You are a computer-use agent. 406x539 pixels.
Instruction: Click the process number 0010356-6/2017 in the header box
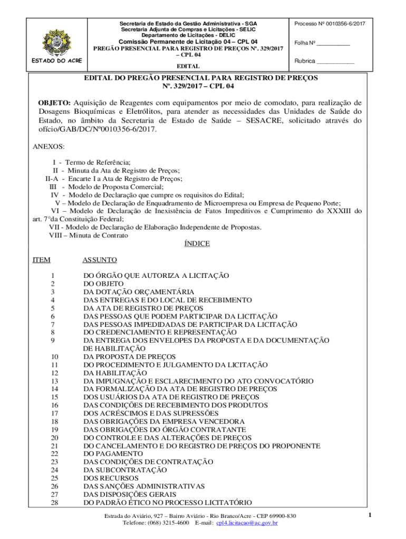pyautogui.click(x=344, y=24)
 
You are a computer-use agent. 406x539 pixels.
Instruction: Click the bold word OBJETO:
pyautogui.click(x=54, y=102)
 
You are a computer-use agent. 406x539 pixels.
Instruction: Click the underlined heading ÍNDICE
pyautogui.click(x=197, y=244)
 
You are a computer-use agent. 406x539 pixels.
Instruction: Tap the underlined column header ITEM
pyautogui.click(x=42, y=260)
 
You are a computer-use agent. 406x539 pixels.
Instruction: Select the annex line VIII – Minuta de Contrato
pyautogui.click(x=88, y=235)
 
